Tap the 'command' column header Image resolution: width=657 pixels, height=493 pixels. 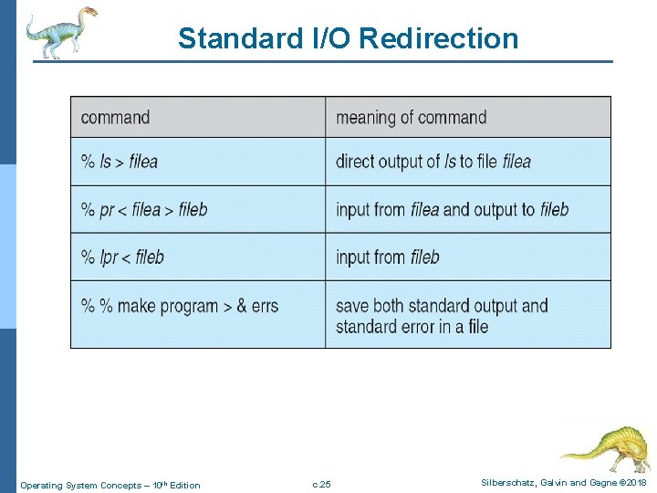(x=115, y=117)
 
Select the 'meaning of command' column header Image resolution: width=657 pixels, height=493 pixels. (x=411, y=117)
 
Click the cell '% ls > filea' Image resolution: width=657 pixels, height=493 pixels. (x=120, y=162)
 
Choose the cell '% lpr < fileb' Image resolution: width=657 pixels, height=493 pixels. (x=122, y=257)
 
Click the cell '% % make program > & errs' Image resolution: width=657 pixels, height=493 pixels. (x=180, y=306)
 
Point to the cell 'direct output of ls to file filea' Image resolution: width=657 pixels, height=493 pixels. (x=433, y=162)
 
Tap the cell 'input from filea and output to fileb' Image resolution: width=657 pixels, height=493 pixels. (x=452, y=209)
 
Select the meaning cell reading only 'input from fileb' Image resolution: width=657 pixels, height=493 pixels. (x=388, y=257)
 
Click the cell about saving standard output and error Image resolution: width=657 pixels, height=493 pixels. (x=442, y=316)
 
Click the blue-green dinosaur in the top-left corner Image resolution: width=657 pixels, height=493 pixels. (x=58, y=31)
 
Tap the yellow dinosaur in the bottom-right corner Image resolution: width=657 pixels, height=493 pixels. (x=606, y=448)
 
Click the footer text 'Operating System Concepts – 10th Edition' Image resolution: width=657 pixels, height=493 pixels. (x=110, y=485)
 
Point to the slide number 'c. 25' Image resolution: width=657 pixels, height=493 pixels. (x=321, y=484)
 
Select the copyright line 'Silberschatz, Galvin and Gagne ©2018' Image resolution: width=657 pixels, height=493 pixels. (x=564, y=482)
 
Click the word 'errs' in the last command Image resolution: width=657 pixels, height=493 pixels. (x=265, y=306)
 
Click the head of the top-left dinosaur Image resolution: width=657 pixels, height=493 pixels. (x=88, y=13)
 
